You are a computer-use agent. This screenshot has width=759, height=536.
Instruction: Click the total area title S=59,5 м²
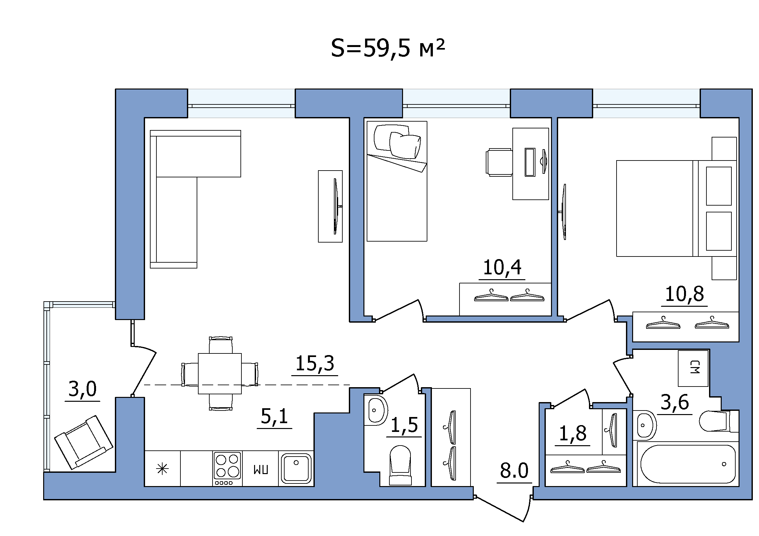point(388,48)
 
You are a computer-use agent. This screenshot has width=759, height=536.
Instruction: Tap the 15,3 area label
point(315,363)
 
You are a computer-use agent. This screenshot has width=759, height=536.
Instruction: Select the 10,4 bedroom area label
point(502,267)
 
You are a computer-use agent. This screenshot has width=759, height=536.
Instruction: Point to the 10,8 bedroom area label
point(684,294)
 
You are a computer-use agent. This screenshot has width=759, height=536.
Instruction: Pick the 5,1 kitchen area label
point(275,416)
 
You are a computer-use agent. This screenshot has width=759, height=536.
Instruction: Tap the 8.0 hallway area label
point(514,470)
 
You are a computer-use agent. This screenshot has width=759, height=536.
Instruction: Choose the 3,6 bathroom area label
point(675,402)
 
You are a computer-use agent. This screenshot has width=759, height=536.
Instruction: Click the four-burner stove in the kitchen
point(227,469)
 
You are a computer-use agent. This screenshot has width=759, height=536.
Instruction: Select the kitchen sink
point(296,469)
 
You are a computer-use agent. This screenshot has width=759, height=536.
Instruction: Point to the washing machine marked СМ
point(693,369)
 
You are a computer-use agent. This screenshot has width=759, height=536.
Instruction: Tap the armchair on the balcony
point(84,442)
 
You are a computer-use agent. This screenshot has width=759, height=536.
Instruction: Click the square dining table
point(220,374)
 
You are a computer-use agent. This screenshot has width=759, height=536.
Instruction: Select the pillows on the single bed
point(397,141)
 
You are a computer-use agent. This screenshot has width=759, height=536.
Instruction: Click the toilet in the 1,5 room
point(400,465)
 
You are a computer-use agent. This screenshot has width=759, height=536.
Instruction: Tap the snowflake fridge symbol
point(162,469)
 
